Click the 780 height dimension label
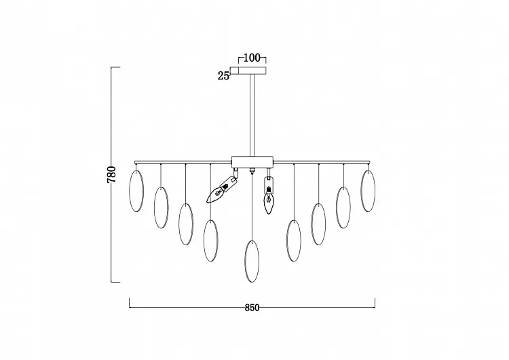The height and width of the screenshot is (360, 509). click(111, 175)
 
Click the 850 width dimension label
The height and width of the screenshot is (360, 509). click(252, 308)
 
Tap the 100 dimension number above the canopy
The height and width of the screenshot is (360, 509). click(252, 58)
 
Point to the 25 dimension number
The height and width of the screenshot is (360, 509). click(223, 76)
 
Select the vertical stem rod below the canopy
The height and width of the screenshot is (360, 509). click(252, 115)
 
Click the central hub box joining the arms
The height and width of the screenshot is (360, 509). click(252, 162)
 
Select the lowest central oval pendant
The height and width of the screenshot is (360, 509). click(252, 262)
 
